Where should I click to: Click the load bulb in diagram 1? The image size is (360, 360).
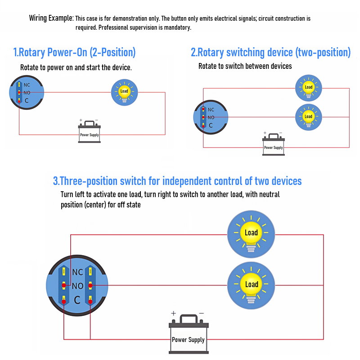[125, 92]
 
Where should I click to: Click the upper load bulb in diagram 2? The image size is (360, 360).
[308, 87]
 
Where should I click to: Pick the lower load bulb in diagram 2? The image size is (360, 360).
[308, 117]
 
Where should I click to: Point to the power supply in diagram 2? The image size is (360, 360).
[273, 144]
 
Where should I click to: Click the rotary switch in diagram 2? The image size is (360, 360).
[210, 117]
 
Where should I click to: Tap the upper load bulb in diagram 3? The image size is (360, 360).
[251, 233]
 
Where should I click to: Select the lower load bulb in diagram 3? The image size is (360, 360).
[251, 284]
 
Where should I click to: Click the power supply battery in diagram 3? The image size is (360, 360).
[188, 335]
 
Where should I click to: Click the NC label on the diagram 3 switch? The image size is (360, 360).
[77, 272]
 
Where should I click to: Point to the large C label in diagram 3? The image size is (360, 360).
[77, 300]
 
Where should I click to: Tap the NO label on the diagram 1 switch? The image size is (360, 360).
[27, 93]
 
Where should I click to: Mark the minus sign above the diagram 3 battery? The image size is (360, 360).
[201, 313]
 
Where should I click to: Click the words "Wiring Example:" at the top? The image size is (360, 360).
[51, 18]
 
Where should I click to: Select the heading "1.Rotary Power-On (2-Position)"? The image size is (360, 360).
[74, 52]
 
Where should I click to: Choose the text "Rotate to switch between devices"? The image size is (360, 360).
[245, 66]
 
